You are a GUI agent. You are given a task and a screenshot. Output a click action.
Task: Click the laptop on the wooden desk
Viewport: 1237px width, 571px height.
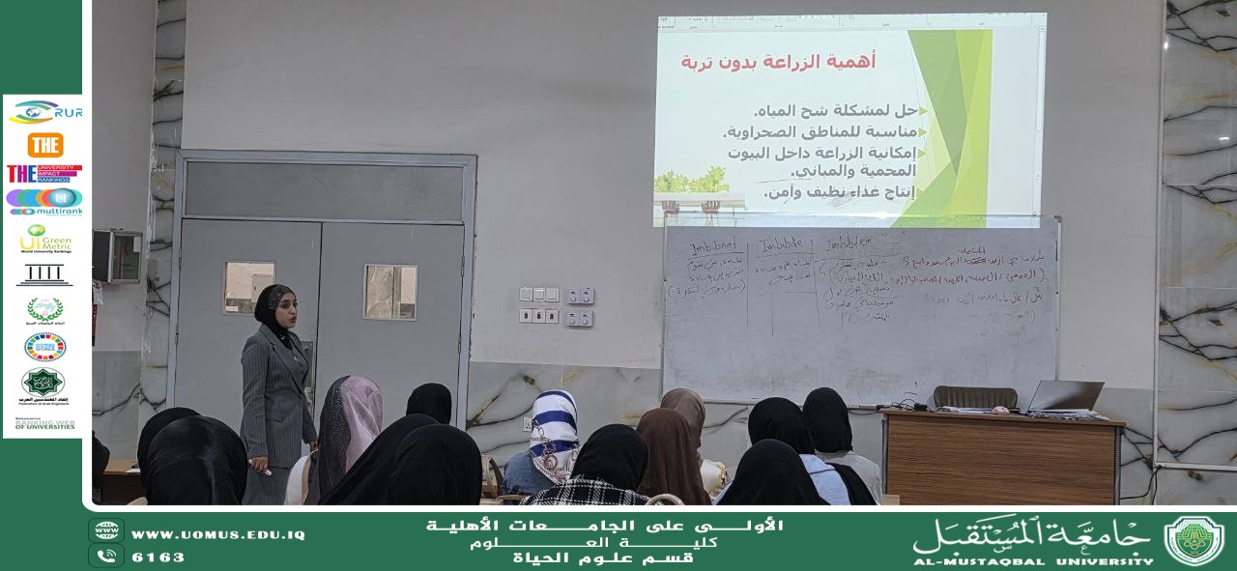click(x=1066, y=396)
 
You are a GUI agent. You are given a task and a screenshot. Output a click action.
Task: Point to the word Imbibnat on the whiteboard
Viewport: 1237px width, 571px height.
click(x=716, y=247)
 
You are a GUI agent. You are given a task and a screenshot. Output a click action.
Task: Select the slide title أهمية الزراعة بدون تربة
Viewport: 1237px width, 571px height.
click(x=778, y=62)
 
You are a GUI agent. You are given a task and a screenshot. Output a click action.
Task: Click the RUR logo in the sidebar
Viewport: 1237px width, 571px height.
click(x=44, y=113)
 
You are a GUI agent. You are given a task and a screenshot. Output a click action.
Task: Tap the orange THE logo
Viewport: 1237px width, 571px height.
click(x=44, y=145)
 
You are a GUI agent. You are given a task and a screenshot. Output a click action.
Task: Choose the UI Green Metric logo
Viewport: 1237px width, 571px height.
click(x=44, y=239)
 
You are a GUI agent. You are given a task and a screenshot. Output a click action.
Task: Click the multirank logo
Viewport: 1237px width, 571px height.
click(x=44, y=201)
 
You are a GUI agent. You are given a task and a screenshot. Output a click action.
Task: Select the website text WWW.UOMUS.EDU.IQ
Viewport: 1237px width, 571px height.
click(x=217, y=534)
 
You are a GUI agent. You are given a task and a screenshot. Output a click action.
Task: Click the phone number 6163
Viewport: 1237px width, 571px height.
click(x=158, y=557)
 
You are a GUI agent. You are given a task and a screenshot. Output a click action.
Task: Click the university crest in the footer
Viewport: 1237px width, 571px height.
click(x=1194, y=540)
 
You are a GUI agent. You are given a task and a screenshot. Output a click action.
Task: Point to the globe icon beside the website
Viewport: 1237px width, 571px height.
click(x=106, y=531)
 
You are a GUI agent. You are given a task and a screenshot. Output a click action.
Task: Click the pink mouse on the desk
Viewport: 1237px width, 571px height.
click(x=1001, y=410)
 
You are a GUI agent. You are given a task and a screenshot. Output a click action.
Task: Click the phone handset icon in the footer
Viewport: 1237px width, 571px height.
click(x=106, y=556)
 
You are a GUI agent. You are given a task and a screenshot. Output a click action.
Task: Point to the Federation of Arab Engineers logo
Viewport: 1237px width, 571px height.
click(x=43, y=385)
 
